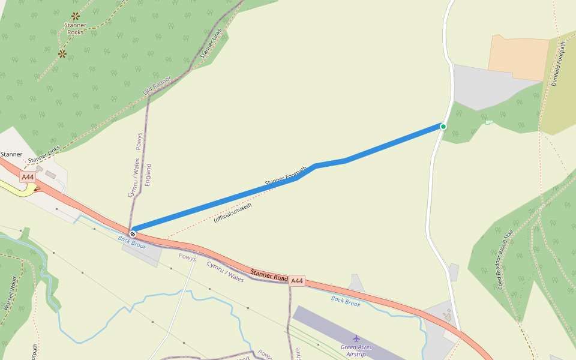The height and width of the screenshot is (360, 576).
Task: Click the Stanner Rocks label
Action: tap(75, 28)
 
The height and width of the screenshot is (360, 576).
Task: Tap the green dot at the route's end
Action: tap(443, 126)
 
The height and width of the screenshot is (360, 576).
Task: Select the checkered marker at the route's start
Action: tap(133, 233)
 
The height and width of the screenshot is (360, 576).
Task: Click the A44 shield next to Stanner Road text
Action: tap(297, 280)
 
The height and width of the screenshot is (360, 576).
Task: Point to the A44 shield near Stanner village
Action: tap(28, 177)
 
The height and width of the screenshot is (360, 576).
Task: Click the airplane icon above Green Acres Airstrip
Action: tap(356, 338)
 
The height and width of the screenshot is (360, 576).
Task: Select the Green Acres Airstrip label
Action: tap(356, 350)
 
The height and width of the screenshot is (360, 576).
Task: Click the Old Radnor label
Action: tap(157, 85)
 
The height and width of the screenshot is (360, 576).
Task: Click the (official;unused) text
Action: tap(233, 212)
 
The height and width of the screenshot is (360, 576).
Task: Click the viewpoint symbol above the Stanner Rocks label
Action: tap(75, 16)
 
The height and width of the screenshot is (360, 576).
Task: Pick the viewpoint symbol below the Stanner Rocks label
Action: tap(62, 54)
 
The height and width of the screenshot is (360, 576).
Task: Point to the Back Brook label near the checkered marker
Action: tap(132, 242)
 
